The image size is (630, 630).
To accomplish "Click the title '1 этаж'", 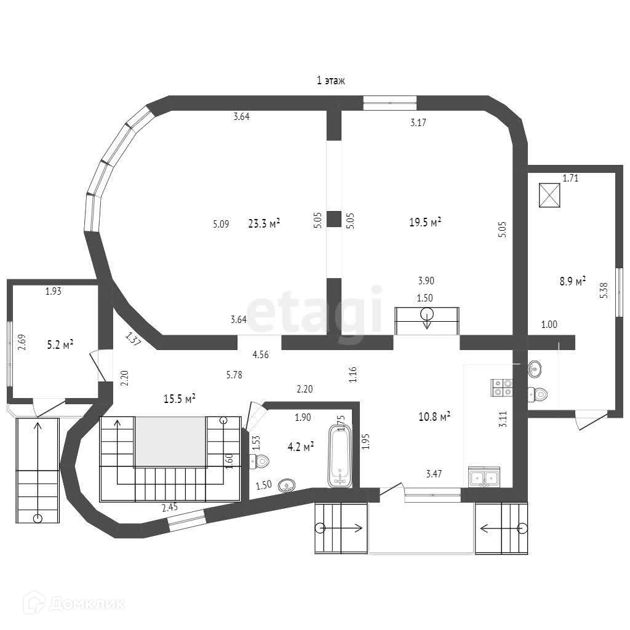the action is [x=330, y=81].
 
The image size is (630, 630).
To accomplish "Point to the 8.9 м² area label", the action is [x=572, y=282].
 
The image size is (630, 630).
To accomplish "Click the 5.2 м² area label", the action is [x=60, y=345].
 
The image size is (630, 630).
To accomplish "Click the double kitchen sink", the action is [x=484, y=477].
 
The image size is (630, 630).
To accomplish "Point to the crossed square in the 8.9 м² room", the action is [x=549, y=196].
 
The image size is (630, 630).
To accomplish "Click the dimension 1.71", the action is [x=570, y=178].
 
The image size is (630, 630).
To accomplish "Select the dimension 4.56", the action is [x=260, y=354].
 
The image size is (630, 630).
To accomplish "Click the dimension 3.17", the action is [x=418, y=122].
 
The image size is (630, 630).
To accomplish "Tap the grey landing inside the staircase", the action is [x=170, y=441].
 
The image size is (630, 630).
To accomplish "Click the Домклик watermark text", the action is [x=87, y=604].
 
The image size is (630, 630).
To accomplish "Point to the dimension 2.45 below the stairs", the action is [x=170, y=508].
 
